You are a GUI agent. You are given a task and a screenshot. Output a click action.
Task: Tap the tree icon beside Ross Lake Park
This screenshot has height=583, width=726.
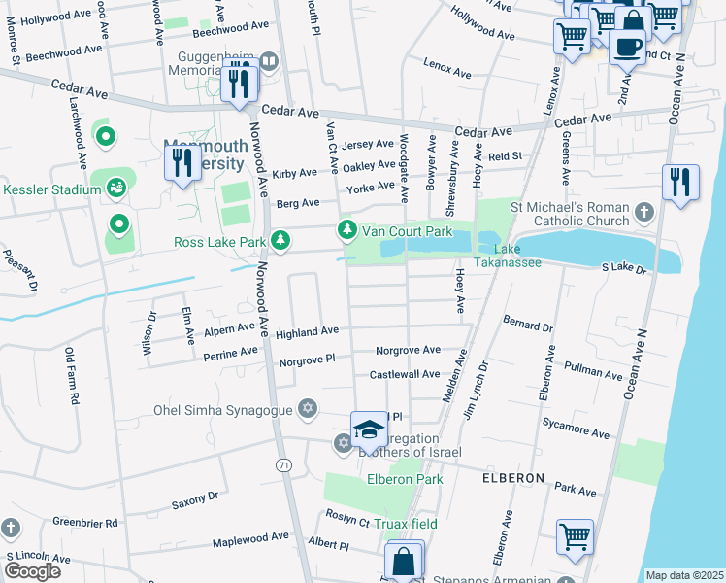click(280, 240)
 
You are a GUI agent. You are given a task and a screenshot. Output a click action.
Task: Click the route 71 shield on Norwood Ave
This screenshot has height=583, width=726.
click(282, 466)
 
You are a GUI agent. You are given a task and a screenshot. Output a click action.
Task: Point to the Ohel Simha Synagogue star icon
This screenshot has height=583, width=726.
click(308, 407)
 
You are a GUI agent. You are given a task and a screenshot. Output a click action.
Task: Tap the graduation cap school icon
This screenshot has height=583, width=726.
click(369, 429)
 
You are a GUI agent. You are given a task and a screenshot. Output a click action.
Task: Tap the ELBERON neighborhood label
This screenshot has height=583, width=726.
click(511, 479)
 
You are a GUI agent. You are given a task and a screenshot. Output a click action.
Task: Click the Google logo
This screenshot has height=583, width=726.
click(32, 571)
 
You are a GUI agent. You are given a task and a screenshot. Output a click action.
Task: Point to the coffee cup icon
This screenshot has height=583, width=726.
click(628, 46)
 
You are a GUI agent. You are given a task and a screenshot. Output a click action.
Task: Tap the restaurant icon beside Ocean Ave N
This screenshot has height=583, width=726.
click(680, 183)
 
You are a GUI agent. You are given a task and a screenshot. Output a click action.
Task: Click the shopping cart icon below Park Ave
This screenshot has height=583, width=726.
click(575, 536)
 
